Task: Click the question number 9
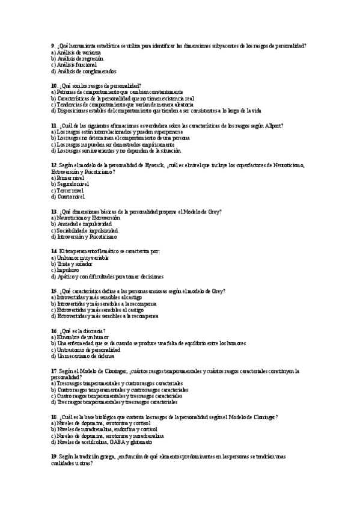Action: [x=53, y=46]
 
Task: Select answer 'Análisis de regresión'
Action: [x=79, y=59]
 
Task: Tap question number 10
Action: [x=54, y=86]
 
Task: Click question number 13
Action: [x=54, y=212]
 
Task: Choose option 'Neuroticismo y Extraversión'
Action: [x=87, y=218]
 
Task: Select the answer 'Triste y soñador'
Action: [x=75, y=264]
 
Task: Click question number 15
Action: [x=54, y=290]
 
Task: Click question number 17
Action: [x=54, y=370]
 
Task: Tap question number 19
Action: [x=54, y=457]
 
